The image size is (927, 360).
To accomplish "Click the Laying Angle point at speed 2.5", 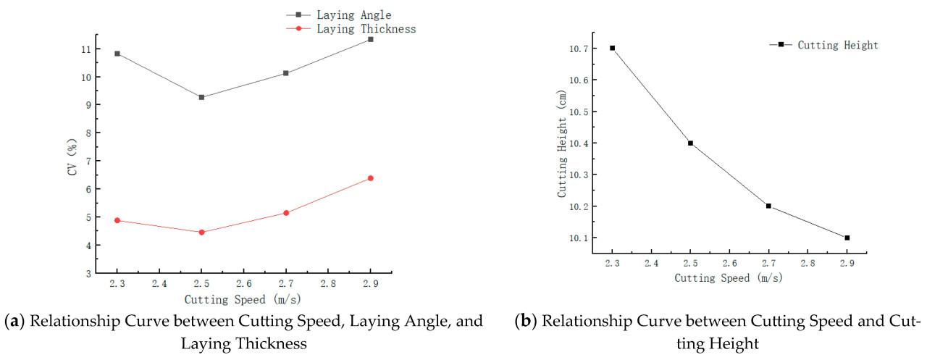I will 201,97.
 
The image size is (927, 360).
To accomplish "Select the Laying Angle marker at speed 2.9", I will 370,39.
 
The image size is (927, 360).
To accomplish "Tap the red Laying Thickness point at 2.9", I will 370,178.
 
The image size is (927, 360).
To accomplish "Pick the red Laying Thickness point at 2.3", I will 117,220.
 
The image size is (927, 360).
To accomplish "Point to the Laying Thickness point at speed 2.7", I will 286,213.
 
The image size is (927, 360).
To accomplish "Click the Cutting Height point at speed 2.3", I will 612,48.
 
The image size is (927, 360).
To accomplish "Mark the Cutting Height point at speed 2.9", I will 847,238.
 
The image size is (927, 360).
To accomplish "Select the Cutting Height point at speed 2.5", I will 690,143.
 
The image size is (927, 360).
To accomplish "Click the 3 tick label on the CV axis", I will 87,274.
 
